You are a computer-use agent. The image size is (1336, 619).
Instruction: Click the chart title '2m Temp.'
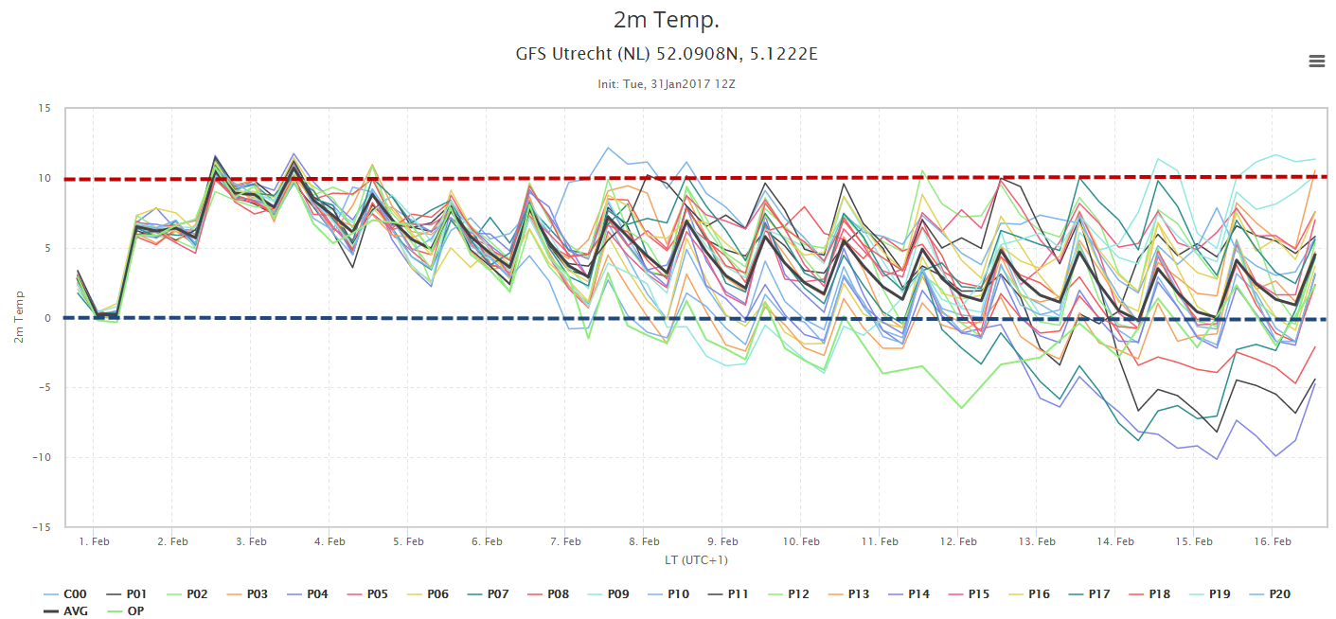[667, 20]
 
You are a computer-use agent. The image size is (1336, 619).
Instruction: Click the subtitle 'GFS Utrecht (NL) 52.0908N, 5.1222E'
[667, 54]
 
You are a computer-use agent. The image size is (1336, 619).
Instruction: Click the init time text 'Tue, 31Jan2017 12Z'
[679, 84]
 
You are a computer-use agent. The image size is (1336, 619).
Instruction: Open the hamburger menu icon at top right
[1317, 61]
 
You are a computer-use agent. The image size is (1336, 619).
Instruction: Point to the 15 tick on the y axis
[45, 108]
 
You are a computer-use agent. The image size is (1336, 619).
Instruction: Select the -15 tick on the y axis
[42, 527]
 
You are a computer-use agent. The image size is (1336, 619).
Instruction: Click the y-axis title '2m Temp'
[19, 317]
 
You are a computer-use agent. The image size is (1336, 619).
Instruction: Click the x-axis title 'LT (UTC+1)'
[696, 560]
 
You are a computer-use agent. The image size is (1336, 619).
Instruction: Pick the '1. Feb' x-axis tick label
[95, 541]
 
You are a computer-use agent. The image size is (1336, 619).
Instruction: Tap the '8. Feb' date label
[644, 541]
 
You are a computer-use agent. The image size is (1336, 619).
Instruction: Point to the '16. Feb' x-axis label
[1273, 541]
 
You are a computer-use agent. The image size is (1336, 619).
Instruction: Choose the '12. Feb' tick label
[958, 541]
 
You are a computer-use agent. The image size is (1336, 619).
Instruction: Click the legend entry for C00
[65, 594]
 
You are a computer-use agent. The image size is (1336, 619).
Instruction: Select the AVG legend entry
[65, 611]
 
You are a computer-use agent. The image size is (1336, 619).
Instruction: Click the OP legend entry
[125, 611]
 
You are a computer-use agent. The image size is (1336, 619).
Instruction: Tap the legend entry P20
[1269, 594]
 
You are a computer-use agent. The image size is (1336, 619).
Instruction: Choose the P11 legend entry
[727, 594]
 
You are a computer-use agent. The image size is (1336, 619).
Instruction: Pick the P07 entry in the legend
[487, 594]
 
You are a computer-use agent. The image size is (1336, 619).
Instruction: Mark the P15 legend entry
[969, 594]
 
